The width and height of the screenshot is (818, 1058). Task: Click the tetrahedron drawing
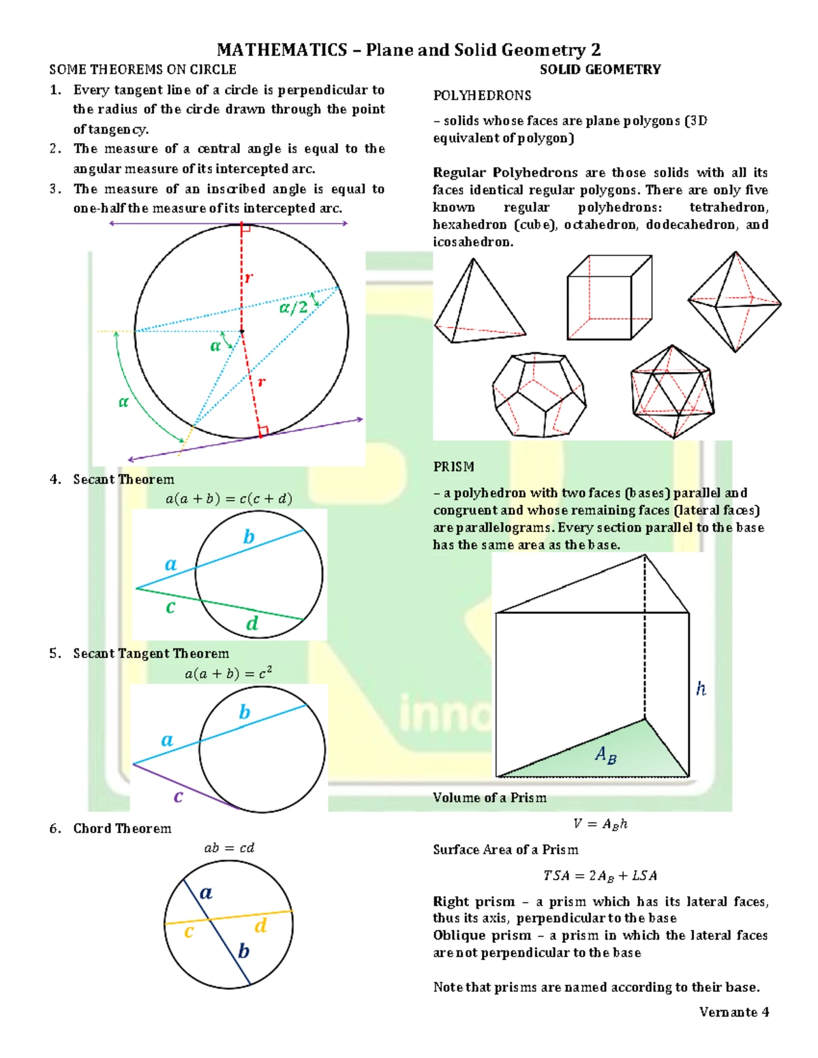coord(477,303)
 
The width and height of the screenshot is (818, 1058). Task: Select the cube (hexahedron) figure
coord(609,298)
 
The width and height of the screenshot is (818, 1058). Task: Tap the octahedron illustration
coord(734,302)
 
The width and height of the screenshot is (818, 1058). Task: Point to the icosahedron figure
coord(673,392)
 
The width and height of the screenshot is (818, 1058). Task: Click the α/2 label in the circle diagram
coord(294,308)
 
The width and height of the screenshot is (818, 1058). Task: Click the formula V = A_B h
coord(600,824)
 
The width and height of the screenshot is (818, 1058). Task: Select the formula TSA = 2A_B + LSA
coord(600,875)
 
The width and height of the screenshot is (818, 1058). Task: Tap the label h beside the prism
coord(701,689)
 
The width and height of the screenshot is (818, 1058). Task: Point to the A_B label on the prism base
coord(605,754)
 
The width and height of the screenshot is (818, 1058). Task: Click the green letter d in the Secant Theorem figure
coord(252,623)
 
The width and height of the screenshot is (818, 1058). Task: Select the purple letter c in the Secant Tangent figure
coord(178,796)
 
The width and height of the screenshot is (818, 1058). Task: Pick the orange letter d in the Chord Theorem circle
coord(260,925)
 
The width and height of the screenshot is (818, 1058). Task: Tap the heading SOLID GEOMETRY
coord(600,69)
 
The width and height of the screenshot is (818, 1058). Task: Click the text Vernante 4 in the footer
coord(733,1012)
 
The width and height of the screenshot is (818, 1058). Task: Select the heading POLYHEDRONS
coord(482,95)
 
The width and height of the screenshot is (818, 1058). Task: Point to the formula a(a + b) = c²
coord(228,673)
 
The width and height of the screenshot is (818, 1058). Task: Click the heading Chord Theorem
coord(122,828)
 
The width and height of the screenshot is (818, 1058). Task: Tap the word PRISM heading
coord(453,467)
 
